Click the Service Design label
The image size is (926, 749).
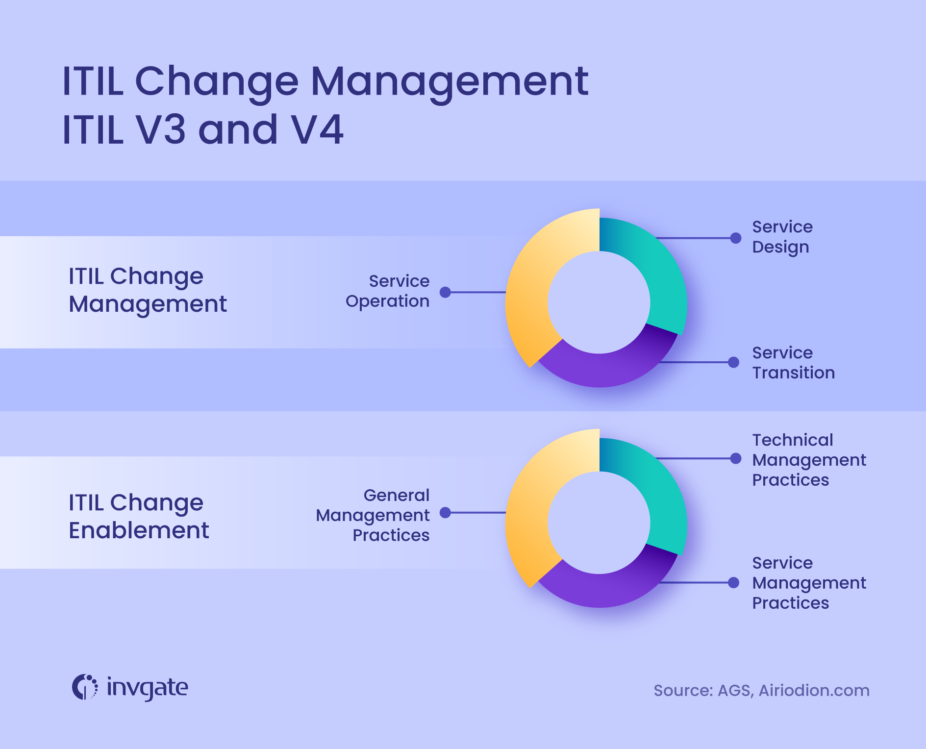(782, 237)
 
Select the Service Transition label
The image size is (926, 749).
(793, 363)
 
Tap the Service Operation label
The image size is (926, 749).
(388, 291)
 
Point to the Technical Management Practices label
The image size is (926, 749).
(809, 460)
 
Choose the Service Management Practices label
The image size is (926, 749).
(809, 583)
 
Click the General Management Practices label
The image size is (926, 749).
(373, 515)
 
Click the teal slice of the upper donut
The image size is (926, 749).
(657, 275)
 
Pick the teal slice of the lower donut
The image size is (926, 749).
(657, 495)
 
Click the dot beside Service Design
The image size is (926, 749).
(735, 238)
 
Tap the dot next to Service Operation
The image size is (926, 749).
(445, 292)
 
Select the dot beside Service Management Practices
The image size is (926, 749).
(733, 583)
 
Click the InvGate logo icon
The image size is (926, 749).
(85, 687)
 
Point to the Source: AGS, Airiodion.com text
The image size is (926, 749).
(761, 691)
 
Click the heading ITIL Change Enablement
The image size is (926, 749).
(139, 516)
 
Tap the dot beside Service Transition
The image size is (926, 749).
(733, 362)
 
